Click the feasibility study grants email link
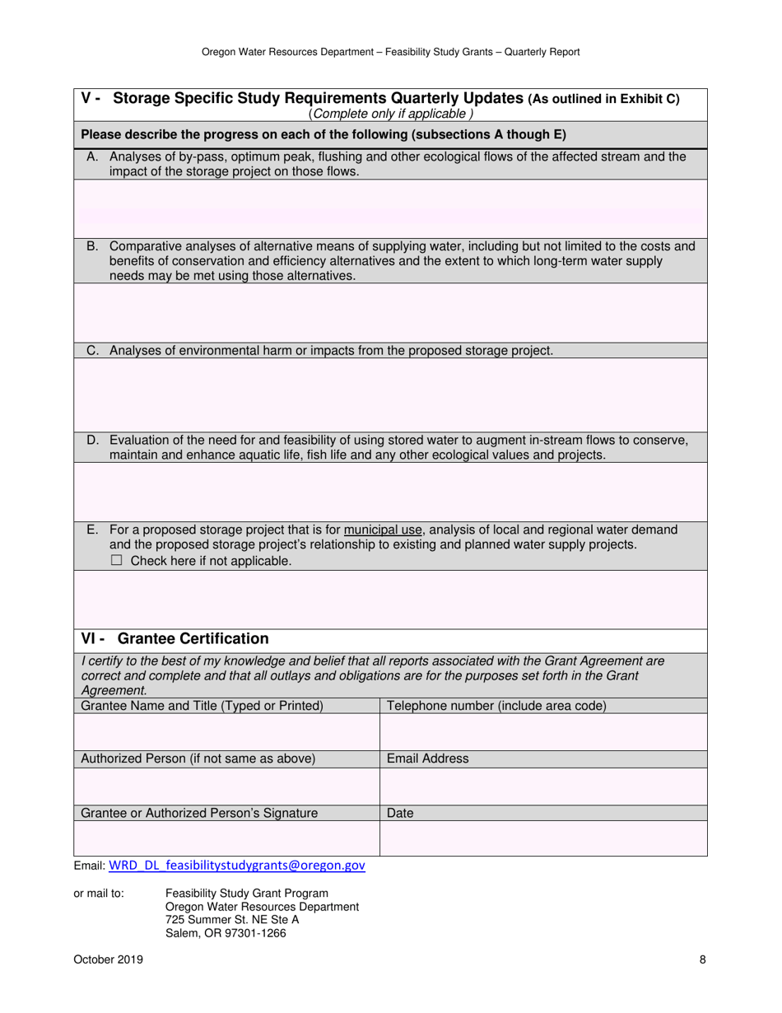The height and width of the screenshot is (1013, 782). [237, 866]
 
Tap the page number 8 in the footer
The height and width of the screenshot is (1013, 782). [702, 959]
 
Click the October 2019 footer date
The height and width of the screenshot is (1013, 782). [108, 959]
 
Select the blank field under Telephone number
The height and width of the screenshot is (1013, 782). [543, 732]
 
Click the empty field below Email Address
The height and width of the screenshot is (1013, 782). [543, 786]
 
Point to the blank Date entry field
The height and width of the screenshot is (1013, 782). [543, 838]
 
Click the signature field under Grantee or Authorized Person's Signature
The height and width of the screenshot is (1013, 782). [226, 838]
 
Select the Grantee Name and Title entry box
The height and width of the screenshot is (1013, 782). [226, 732]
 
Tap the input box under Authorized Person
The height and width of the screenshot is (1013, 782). [226, 786]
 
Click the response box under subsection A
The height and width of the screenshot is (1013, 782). [390, 202]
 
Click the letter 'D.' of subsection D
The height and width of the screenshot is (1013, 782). [93, 441]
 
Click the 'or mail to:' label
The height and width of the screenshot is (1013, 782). [99, 894]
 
